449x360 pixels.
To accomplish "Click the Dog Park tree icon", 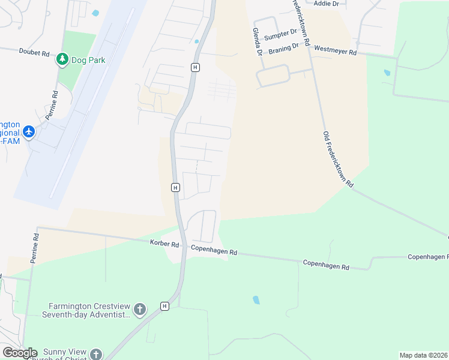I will pyautogui.click(x=62, y=59).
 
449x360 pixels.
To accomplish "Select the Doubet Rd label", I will pyautogui.click(x=34, y=53).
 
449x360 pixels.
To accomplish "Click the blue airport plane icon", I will pyautogui.click(x=29, y=131).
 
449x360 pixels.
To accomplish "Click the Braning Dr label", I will pyautogui.click(x=283, y=48).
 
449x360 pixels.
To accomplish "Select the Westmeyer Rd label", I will pyautogui.click(x=336, y=50).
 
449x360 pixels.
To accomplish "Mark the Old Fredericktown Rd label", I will pyautogui.click(x=338, y=160).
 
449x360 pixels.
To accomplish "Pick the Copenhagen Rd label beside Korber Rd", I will pyautogui.click(x=214, y=250).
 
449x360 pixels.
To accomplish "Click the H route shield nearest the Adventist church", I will pyautogui.click(x=165, y=306).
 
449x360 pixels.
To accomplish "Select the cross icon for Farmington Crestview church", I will pyautogui.click(x=139, y=310).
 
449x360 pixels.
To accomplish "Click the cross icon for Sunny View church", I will pyautogui.click(x=95, y=355).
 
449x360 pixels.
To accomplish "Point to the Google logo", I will pyautogui.click(x=19, y=353).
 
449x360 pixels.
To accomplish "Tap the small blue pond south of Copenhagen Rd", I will pyautogui.click(x=256, y=300).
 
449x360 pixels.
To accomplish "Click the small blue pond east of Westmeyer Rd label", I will pyautogui.click(x=387, y=73).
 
